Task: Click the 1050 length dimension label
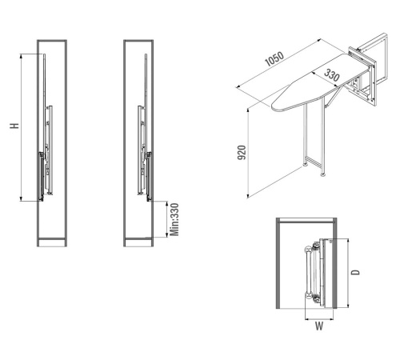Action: [274, 59]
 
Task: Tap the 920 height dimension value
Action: [242, 153]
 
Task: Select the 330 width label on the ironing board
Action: [332, 75]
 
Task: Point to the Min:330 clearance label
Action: [174, 219]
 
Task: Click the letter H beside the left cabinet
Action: [14, 126]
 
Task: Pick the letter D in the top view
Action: [355, 272]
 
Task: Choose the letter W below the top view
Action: [319, 326]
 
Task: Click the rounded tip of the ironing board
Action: [274, 106]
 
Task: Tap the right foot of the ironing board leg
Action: [323, 174]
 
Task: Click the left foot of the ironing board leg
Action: [305, 164]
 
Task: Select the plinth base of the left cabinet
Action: [52, 242]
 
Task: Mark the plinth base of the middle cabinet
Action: [138, 242]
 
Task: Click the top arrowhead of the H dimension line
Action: [22, 55]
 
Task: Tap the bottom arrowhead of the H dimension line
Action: [22, 199]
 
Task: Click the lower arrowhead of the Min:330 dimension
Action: [167, 235]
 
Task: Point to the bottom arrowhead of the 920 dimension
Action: [248, 196]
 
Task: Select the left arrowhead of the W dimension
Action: [306, 318]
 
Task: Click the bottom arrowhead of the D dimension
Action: [348, 306]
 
